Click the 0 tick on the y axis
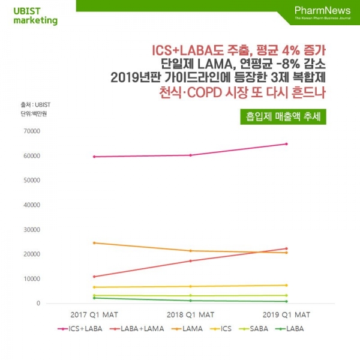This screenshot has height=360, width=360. (37, 304)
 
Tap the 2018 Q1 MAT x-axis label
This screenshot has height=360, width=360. (190, 314)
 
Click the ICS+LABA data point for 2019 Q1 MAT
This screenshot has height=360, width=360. (286, 144)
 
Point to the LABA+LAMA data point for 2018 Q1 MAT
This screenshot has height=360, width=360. (190, 261)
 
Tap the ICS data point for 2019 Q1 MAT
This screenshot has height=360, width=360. (286, 285)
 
